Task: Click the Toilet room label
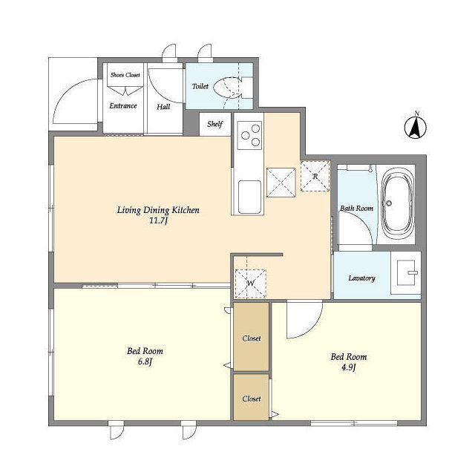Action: coord(200,86)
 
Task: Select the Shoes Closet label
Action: coord(125,75)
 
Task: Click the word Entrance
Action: coord(123,105)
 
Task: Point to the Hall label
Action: coord(163,107)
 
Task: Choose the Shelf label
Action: coord(214,124)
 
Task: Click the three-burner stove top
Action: coord(249,135)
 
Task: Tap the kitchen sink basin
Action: coord(249,197)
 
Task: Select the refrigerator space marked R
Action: coord(315,176)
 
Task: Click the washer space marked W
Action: coord(251,284)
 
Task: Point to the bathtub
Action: coord(398,205)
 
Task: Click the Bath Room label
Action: coord(356,209)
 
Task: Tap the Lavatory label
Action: coord(361,278)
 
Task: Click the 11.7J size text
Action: coord(158,220)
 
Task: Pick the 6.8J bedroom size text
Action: coord(145,361)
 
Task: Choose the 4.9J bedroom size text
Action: coord(348,367)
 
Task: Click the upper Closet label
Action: coord(252,338)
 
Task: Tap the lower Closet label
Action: coord(252,399)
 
